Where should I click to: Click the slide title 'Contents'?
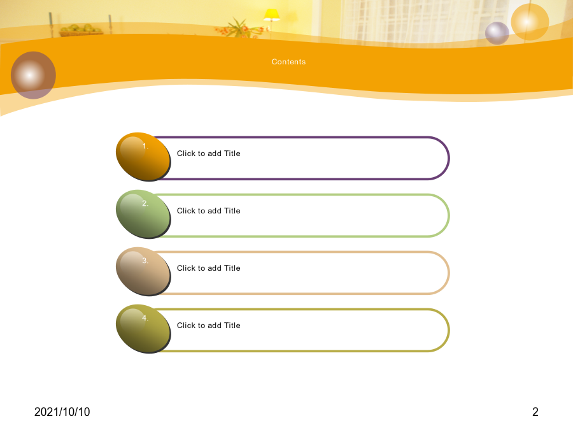tap(288, 62)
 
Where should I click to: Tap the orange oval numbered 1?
tap(143, 157)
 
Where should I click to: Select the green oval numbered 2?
tap(143, 214)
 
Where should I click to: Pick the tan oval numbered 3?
tap(143, 271)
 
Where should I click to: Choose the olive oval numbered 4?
tap(143, 329)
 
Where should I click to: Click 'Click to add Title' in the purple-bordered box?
tap(209, 154)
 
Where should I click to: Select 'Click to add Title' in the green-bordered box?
tap(209, 211)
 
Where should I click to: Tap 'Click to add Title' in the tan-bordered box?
tap(209, 268)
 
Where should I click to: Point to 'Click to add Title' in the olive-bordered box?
tap(209, 326)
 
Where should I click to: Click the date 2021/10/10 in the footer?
tap(62, 412)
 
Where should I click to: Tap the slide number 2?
tap(535, 412)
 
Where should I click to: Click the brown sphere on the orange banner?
tap(33, 75)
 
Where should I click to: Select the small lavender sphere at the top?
tap(497, 33)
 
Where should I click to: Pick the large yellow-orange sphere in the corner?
tap(530, 22)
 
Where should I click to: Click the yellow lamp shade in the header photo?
tap(271, 15)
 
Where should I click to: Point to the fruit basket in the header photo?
tap(81, 31)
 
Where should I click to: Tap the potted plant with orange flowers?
tap(241, 28)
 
